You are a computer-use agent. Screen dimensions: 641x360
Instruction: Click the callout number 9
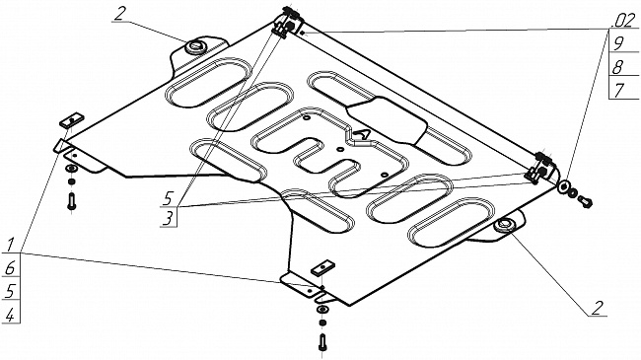click(x=618, y=42)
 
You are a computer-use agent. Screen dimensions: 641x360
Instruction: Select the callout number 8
click(x=617, y=66)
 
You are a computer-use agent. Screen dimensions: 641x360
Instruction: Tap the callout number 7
click(x=619, y=90)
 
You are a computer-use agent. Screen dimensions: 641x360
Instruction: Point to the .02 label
click(x=624, y=21)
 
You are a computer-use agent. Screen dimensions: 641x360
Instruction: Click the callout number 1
click(x=11, y=245)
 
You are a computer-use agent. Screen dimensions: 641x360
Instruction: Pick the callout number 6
click(x=10, y=268)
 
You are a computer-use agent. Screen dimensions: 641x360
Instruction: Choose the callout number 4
click(x=10, y=315)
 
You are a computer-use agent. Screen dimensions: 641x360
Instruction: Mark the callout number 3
click(x=168, y=218)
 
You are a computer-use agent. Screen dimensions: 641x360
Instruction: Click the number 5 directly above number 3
click(x=168, y=199)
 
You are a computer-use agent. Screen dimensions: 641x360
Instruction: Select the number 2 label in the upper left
click(x=119, y=14)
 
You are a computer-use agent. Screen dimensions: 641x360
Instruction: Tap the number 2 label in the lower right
click(x=598, y=308)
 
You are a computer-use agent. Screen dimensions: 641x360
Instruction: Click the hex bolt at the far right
click(x=586, y=200)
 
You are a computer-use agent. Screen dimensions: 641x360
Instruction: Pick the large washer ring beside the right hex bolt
click(x=564, y=187)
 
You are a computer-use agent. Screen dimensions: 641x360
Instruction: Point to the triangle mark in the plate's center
click(x=362, y=134)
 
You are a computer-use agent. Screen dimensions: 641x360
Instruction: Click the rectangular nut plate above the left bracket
click(x=72, y=120)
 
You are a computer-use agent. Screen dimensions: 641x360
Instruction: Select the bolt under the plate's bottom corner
click(x=322, y=342)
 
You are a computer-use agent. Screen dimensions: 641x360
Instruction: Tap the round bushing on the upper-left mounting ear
click(x=194, y=46)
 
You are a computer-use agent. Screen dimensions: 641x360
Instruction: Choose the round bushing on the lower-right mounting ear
click(x=504, y=225)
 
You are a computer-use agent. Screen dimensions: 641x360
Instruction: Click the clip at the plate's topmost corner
click(x=288, y=23)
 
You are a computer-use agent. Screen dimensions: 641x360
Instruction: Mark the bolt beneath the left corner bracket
click(x=72, y=201)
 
